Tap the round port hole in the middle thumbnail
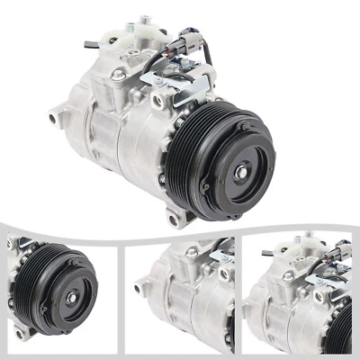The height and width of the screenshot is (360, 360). point(221,273)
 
